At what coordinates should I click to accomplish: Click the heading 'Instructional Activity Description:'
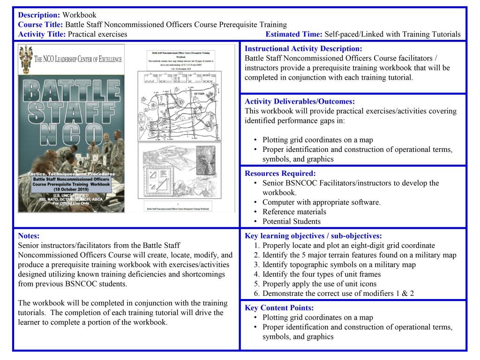(303, 49)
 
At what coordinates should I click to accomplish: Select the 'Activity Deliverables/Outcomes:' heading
(300, 102)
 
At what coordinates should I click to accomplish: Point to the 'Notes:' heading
(29, 236)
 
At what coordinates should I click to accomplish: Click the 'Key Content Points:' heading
(279, 308)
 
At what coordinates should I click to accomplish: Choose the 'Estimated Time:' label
(294, 34)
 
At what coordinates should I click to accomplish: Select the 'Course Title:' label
(40, 24)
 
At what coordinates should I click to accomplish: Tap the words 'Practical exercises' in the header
(97, 34)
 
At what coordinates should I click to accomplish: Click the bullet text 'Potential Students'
(292, 221)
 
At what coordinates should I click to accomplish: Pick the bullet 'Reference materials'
(294, 212)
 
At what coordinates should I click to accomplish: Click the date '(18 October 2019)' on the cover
(71, 190)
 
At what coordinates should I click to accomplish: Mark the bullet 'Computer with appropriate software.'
(321, 202)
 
